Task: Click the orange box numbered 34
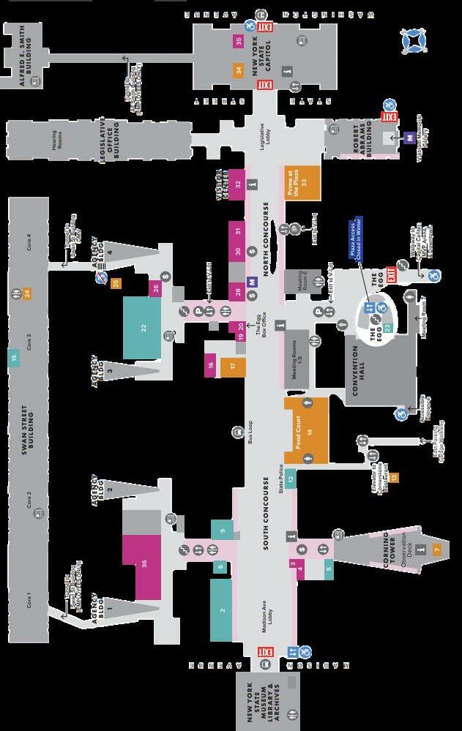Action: coord(239,71)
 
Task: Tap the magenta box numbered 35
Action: coord(239,41)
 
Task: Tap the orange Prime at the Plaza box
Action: coord(302,182)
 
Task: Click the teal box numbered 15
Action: coord(13,358)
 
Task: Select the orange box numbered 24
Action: coord(27,293)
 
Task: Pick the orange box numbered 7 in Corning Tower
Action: coord(437,549)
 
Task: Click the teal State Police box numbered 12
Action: coord(291,479)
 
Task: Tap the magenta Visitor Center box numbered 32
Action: coord(238,183)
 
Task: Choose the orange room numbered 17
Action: coord(233,367)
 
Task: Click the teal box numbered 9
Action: coord(222,530)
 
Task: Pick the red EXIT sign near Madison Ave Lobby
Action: coord(265,651)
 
